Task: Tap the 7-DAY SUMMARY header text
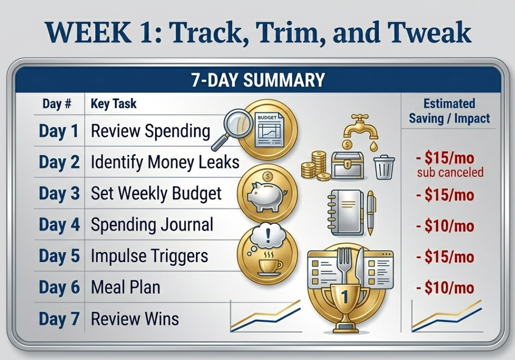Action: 257,80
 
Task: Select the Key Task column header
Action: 113,104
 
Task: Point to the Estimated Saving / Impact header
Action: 449,111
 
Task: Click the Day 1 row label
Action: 59,131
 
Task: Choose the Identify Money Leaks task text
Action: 165,162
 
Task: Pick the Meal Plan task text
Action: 125,288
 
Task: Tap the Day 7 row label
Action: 59,319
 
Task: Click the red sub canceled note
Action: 450,173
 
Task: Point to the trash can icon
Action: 384,166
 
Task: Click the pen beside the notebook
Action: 371,212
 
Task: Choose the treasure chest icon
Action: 347,165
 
